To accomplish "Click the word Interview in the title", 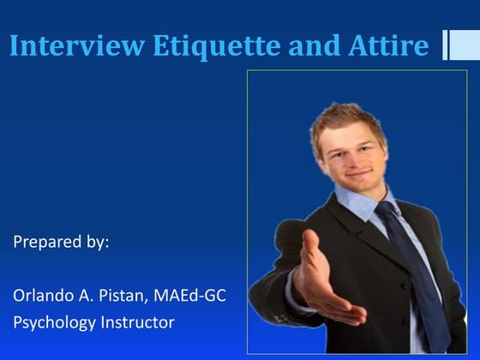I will click(77, 46).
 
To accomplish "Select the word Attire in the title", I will click(389, 46).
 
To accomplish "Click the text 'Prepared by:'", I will click(61, 242).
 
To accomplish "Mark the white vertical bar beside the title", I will click(447, 45).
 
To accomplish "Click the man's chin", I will click(363, 187).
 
